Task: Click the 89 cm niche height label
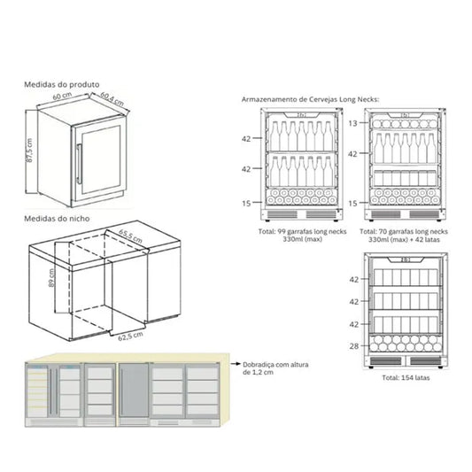click(52, 280)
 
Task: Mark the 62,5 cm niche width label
click(120, 337)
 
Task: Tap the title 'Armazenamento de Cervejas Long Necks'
click(310, 100)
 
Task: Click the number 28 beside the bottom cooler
click(353, 345)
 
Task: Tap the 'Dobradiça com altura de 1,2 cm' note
click(270, 368)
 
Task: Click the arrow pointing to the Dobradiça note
click(235, 362)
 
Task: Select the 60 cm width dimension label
click(60, 97)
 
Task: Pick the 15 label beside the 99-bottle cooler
click(245, 203)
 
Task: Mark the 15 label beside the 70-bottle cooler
click(352, 203)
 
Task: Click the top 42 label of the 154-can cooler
click(353, 279)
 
